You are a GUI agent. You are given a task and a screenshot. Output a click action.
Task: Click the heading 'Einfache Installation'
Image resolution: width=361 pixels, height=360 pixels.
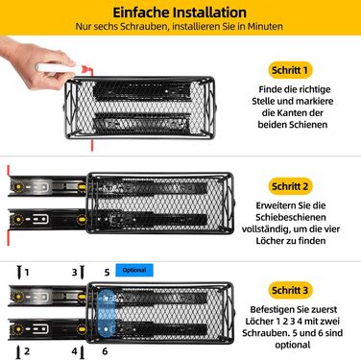[x=180, y=12]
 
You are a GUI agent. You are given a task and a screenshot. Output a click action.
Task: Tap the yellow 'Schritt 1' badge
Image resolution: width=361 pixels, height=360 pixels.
[x=290, y=70]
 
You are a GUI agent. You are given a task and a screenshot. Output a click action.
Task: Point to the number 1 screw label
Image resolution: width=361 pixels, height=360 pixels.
[x=27, y=273]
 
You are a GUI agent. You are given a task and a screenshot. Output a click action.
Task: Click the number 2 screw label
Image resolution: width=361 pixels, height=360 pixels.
[x=27, y=351]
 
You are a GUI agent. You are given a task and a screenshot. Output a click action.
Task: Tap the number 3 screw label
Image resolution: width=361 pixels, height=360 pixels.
[x=74, y=273]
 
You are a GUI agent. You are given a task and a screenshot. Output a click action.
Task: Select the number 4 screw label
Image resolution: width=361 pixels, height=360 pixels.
[x=74, y=351]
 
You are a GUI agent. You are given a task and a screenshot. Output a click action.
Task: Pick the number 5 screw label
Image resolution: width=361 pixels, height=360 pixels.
[x=106, y=273]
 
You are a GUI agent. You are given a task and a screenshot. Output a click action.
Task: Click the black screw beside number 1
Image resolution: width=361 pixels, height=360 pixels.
[x=15, y=273]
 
